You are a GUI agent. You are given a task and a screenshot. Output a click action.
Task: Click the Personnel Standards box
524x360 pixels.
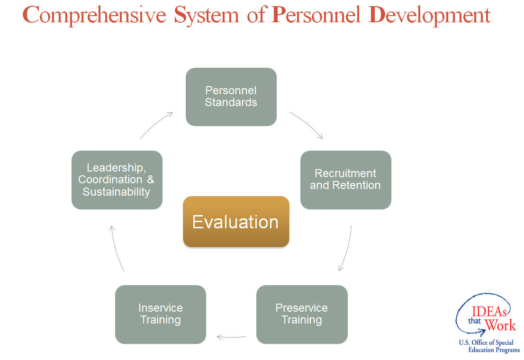click(231, 97)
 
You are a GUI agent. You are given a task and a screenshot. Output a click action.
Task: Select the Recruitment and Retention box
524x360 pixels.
click(345, 180)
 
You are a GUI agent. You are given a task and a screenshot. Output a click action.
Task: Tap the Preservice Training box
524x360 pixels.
click(302, 314)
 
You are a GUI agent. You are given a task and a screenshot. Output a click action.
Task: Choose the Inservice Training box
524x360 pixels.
click(161, 314)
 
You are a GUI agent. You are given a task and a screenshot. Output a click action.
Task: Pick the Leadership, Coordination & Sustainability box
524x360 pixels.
click(117, 180)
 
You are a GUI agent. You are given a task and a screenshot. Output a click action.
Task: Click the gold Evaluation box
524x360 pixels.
click(236, 222)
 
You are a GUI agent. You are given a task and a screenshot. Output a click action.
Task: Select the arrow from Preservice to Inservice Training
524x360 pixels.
click(231, 337)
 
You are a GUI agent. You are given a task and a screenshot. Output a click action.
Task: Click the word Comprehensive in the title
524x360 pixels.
click(94, 15)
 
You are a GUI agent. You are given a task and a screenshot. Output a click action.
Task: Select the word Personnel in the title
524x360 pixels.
click(316, 15)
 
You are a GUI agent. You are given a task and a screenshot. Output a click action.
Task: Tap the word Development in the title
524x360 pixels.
click(430, 15)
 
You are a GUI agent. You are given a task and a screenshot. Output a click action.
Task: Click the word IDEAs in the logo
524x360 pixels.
click(489, 312)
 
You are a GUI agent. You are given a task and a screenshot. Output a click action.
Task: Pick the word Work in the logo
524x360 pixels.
click(500, 325)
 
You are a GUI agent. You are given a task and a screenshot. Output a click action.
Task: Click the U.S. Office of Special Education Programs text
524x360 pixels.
click(489, 346)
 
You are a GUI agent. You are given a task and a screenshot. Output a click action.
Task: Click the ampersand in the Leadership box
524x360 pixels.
click(151, 180)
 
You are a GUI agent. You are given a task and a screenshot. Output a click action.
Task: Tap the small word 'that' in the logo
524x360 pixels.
click(475, 321)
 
